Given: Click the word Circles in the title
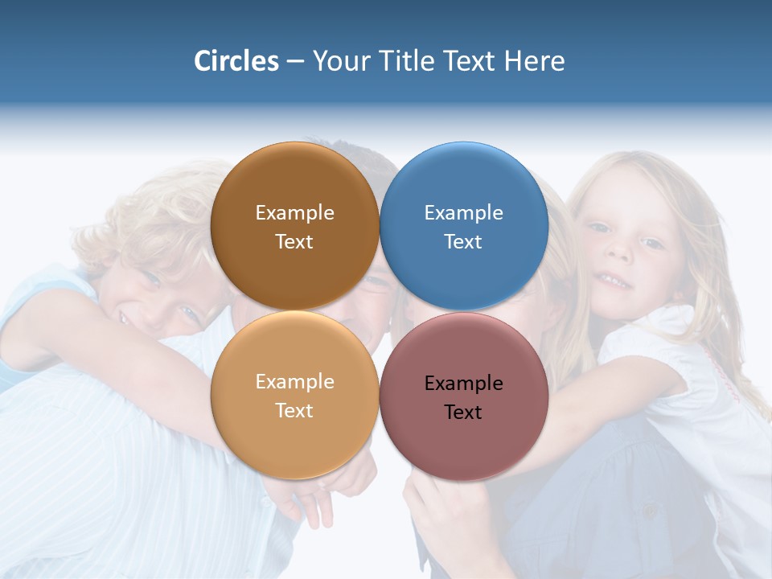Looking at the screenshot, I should [x=236, y=61].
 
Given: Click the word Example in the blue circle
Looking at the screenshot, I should [x=463, y=213].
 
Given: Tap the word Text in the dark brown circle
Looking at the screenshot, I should [x=294, y=242].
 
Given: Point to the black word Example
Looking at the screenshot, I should [x=463, y=384].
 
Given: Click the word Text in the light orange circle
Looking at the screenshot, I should [x=294, y=411].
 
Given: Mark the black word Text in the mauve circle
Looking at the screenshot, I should [x=463, y=413].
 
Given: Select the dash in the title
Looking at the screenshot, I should [x=294, y=62].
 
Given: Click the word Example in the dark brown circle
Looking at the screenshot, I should [x=294, y=213].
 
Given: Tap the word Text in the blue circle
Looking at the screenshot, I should [x=463, y=242].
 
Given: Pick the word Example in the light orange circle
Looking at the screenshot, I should [x=294, y=382].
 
